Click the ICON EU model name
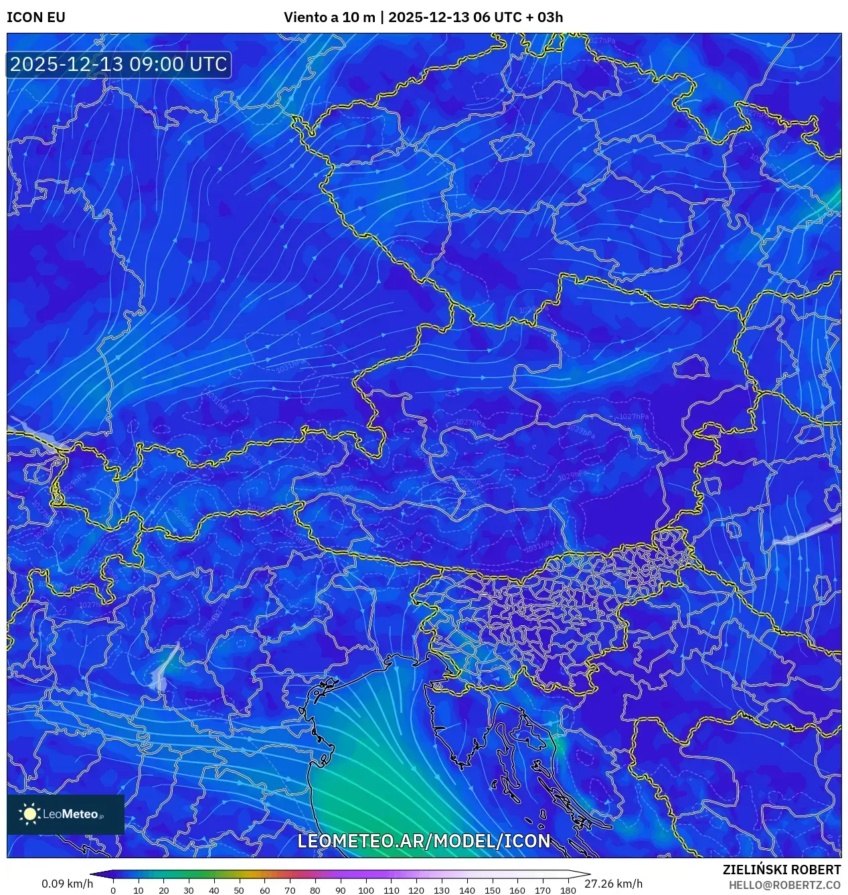[x=36, y=17]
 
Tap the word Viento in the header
[x=305, y=17]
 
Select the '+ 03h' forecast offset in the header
[x=545, y=17]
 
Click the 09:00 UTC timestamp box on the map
[x=118, y=64]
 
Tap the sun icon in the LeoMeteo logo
[x=30, y=814]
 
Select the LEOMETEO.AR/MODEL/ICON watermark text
[x=424, y=841]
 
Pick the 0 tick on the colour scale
[x=113, y=890]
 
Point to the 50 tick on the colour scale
[x=239, y=890]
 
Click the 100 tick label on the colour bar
[x=365, y=890]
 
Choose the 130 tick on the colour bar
[x=441, y=890]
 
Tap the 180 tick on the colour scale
[x=568, y=890]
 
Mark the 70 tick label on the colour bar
[x=290, y=890]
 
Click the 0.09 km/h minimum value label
[x=67, y=884]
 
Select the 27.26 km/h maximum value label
[x=613, y=884]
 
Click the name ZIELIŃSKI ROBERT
[x=781, y=870]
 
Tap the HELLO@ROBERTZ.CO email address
[x=784, y=885]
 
